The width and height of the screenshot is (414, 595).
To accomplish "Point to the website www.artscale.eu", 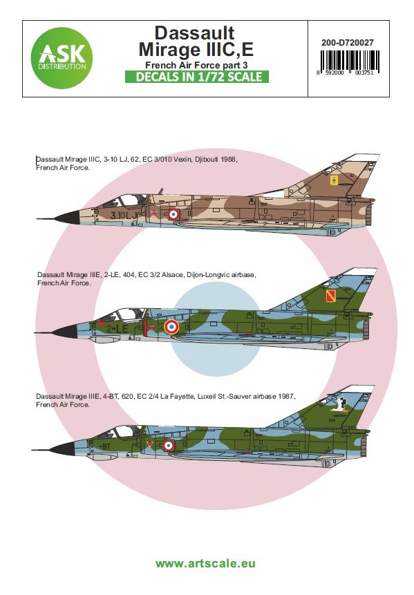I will pos(205,563).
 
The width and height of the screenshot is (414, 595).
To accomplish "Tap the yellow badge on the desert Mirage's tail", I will pos(334,182).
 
